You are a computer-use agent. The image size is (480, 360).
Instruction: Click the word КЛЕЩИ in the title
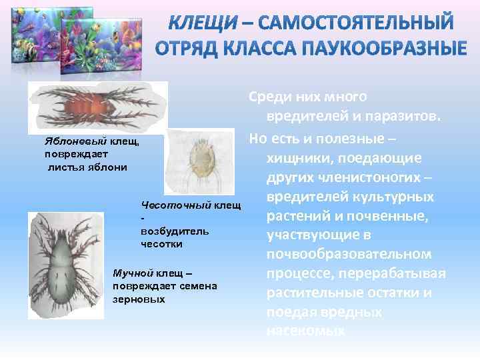(201, 23)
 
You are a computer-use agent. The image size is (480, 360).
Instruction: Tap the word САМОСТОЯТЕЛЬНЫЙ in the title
(356, 23)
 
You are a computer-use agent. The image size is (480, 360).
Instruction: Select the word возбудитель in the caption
(165, 231)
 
